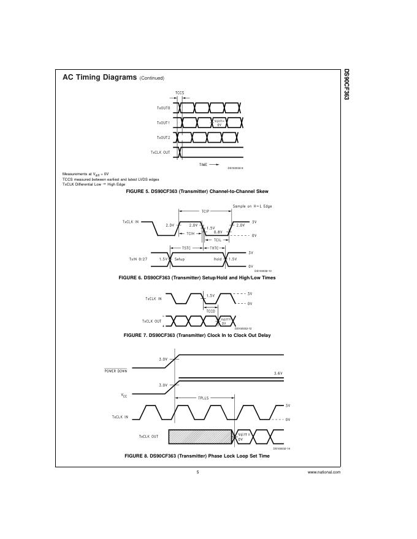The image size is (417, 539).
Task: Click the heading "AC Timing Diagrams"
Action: [x=99, y=78]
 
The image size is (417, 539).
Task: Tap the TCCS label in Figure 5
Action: [x=180, y=93]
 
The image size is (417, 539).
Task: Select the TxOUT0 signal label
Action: [x=163, y=107]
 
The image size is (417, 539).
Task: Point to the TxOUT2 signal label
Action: [x=163, y=137]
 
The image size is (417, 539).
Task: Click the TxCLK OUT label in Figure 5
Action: [x=161, y=152]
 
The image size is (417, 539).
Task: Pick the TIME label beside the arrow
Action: [x=204, y=165]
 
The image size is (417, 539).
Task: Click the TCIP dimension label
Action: [x=205, y=211]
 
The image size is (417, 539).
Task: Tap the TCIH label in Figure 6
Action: [x=191, y=233]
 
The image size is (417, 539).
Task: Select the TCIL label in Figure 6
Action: [x=217, y=239]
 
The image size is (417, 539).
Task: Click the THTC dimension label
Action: [x=215, y=248]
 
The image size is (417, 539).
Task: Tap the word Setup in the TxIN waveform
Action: [x=180, y=259]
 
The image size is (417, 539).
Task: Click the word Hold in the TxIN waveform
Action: [x=218, y=259]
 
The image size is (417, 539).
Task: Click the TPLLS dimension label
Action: [x=204, y=398]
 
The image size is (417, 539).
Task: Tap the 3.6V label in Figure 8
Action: [x=278, y=372]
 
